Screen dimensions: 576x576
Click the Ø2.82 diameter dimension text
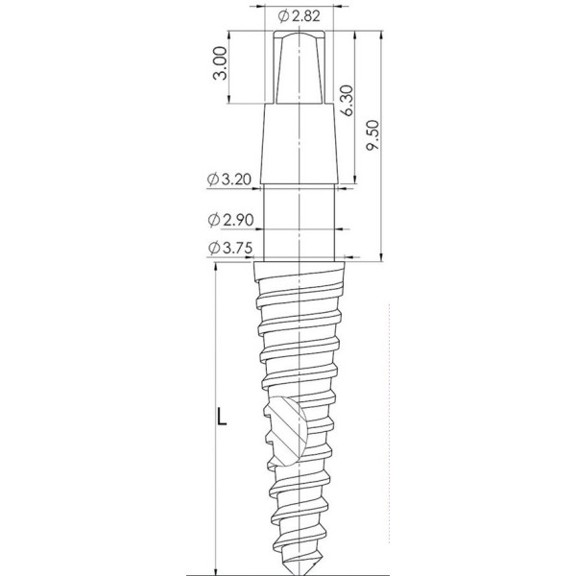(299, 15)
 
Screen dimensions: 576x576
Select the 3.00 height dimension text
(221, 63)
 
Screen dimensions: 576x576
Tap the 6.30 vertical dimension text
(347, 100)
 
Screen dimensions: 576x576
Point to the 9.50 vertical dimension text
(374, 134)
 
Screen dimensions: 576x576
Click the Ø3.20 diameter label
(229, 180)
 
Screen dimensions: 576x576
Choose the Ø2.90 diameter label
(231, 220)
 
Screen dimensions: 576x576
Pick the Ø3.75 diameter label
(230, 249)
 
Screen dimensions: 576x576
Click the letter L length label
(222, 417)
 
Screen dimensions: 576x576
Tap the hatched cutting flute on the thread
(286, 430)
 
